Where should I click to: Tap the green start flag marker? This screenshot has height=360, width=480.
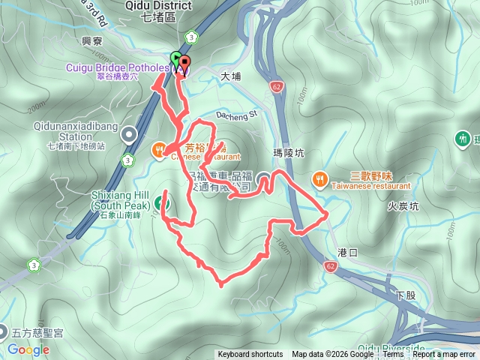tap(175, 58)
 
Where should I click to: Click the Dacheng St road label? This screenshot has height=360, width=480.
tap(236, 115)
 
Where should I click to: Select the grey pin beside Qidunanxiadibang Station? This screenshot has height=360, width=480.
tap(129, 135)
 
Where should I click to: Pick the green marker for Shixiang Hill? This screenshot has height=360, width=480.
tap(163, 202)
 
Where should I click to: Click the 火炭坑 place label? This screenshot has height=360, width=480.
tap(403, 204)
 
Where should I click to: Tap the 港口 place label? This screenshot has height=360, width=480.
tap(349, 253)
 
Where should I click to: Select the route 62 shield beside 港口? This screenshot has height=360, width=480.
tap(331, 265)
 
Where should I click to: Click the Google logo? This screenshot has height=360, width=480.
tap(28, 349)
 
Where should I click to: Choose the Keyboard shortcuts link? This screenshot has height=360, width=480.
tap(250, 355)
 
